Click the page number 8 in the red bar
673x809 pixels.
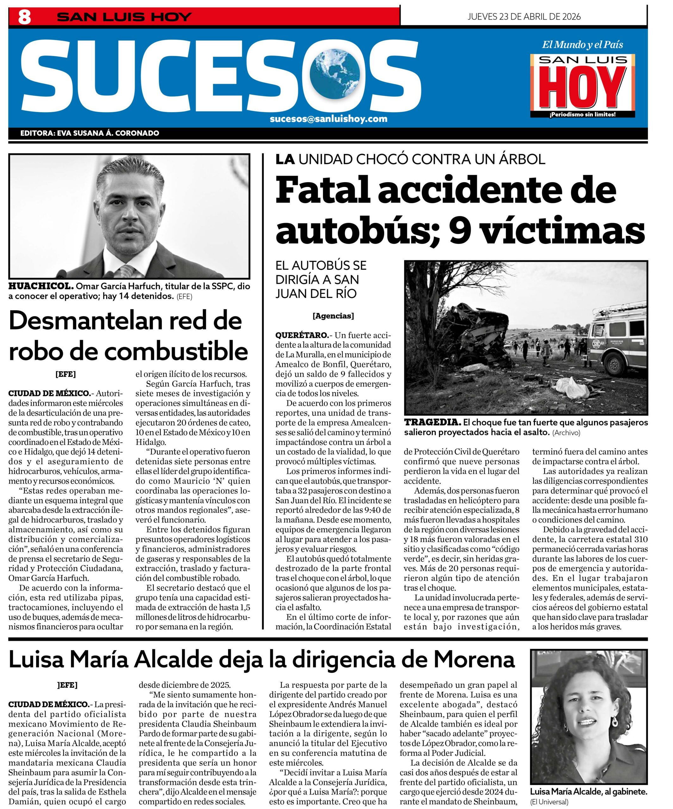click(24, 17)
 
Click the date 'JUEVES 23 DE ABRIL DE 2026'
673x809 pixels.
click(524, 16)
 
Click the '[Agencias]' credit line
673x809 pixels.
click(333, 316)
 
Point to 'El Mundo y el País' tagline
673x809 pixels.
click(583, 45)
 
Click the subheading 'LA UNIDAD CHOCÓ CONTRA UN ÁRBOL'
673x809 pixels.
click(410, 159)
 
